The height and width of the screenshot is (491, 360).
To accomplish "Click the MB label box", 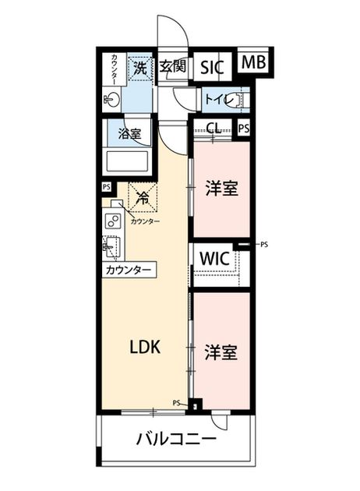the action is (253, 62).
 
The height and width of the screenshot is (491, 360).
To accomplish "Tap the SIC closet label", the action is (212, 67).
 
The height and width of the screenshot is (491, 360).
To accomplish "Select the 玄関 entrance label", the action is (172, 65).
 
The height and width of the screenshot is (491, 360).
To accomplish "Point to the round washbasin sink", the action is (112, 101).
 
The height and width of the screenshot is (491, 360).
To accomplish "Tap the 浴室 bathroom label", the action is (129, 134).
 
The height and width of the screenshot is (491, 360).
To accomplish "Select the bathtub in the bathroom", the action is (128, 161).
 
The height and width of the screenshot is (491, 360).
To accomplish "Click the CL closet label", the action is (214, 128).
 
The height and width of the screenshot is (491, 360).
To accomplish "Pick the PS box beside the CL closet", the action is (244, 128).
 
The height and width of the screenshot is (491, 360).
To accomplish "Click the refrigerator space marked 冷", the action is (143, 198).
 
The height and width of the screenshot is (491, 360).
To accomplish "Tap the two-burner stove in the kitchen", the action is (113, 221).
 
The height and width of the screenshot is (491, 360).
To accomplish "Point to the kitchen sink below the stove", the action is (111, 247).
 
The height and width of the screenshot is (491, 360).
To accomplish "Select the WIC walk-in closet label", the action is (215, 259).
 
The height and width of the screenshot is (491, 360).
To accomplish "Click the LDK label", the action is (145, 347).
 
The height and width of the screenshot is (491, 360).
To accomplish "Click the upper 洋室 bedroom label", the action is (222, 189).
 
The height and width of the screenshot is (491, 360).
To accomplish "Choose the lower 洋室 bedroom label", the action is (221, 351).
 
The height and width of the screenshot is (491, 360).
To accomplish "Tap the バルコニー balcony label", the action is (176, 439).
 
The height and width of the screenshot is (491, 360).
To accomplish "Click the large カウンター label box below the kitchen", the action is (129, 270).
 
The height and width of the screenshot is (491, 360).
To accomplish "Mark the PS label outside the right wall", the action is (264, 245).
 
